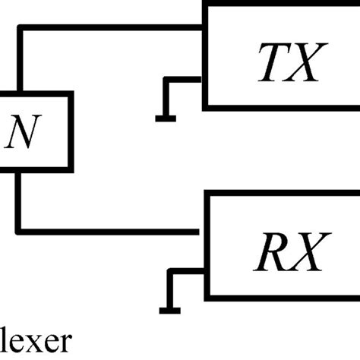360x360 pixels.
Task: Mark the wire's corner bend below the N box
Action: pos(20,228)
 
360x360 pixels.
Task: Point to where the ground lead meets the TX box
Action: pos(202,77)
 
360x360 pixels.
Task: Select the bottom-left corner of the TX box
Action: pos(204,106)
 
